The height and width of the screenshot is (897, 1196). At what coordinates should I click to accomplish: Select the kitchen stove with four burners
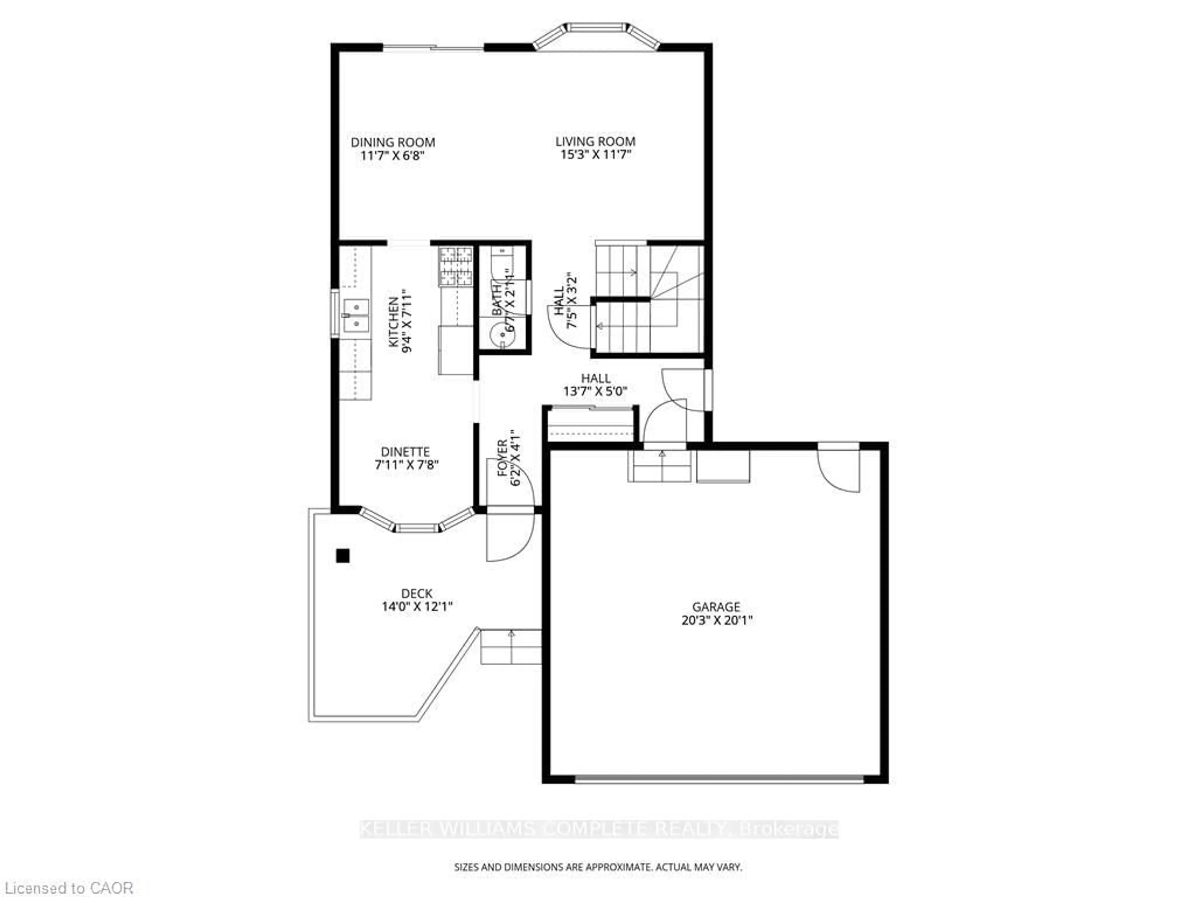coord(455,266)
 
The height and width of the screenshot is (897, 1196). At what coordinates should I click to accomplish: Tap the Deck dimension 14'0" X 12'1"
coord(417,607)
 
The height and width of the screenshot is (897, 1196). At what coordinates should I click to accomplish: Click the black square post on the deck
coord(342,555)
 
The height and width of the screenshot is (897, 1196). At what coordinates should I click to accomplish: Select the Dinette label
coord(406,452)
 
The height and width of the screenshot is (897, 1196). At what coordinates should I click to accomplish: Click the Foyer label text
coord(503,458)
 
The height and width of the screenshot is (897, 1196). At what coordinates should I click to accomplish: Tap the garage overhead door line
coord(719,779)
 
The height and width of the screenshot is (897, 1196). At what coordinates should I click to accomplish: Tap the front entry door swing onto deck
coord(508,538)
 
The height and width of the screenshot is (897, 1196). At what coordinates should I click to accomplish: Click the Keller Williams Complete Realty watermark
coord(599,829)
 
